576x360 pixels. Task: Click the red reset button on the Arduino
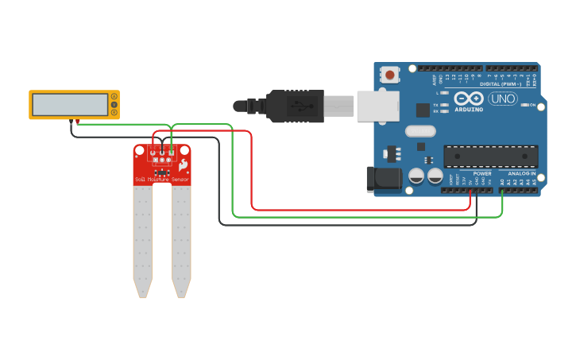(x=390, y=75)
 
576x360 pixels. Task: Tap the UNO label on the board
(x=503, y=99)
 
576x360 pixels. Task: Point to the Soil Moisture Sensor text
(x=162, y=180)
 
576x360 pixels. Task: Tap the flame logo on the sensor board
(x=183, y=165)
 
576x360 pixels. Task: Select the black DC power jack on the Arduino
(x=385, y=178)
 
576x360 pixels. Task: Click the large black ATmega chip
(x=490, y=156)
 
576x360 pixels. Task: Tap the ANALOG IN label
(x=521, y=173)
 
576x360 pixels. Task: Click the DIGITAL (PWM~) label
(x=501, y=84)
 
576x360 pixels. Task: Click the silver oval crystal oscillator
(x=420, y=131)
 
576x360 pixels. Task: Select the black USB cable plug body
(x=295, y=106)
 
